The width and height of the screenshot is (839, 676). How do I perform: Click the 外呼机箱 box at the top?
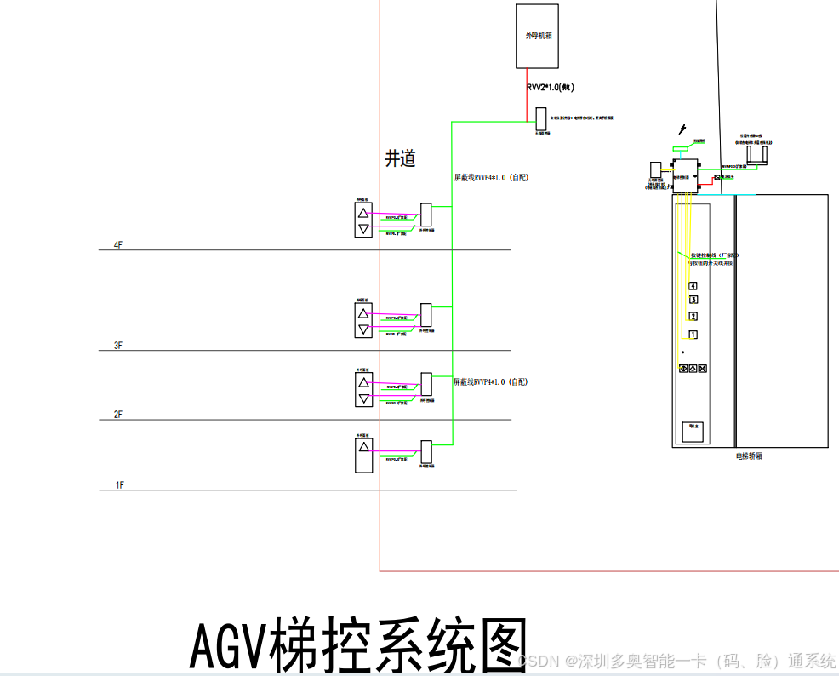point(538,36)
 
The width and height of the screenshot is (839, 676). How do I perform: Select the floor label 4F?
point(118,245)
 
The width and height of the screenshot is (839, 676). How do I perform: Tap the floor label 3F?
point(118,346)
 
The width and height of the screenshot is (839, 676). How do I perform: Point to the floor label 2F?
point(118,415)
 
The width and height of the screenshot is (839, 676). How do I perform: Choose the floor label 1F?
point(120,485)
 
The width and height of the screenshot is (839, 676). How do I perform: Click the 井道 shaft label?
point(401,158)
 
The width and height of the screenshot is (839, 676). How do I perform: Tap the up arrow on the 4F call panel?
point(363,214)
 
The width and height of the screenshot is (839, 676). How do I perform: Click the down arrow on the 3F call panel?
point(363,329)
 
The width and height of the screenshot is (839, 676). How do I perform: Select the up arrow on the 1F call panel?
point(363,446)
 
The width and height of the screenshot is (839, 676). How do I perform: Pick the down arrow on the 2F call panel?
point(363,398)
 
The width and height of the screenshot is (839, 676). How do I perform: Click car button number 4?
point(693,286)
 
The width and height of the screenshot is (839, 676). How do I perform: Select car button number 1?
point(693,335)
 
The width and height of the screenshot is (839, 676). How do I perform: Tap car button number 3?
point(693,300)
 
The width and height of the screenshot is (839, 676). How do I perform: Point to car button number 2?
point(693,317)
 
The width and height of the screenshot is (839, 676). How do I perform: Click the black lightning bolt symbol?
point(682,129)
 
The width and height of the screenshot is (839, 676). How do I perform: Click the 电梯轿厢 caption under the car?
point(749,456)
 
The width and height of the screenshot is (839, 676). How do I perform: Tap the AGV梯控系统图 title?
point(358,645)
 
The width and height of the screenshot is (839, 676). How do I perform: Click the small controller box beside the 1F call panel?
point(426,452)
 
